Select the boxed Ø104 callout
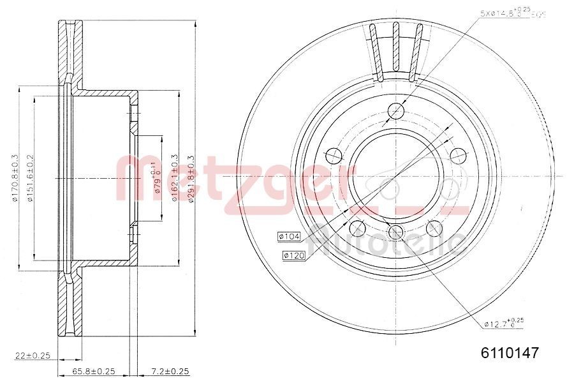[x=289, y=237]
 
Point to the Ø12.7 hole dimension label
[x=503, y=324]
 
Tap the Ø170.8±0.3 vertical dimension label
[x=15, y=179]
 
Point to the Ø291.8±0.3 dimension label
[x=191, y=179]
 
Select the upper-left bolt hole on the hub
[x=333, y=154]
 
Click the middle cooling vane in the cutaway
[x=396, y=48]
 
